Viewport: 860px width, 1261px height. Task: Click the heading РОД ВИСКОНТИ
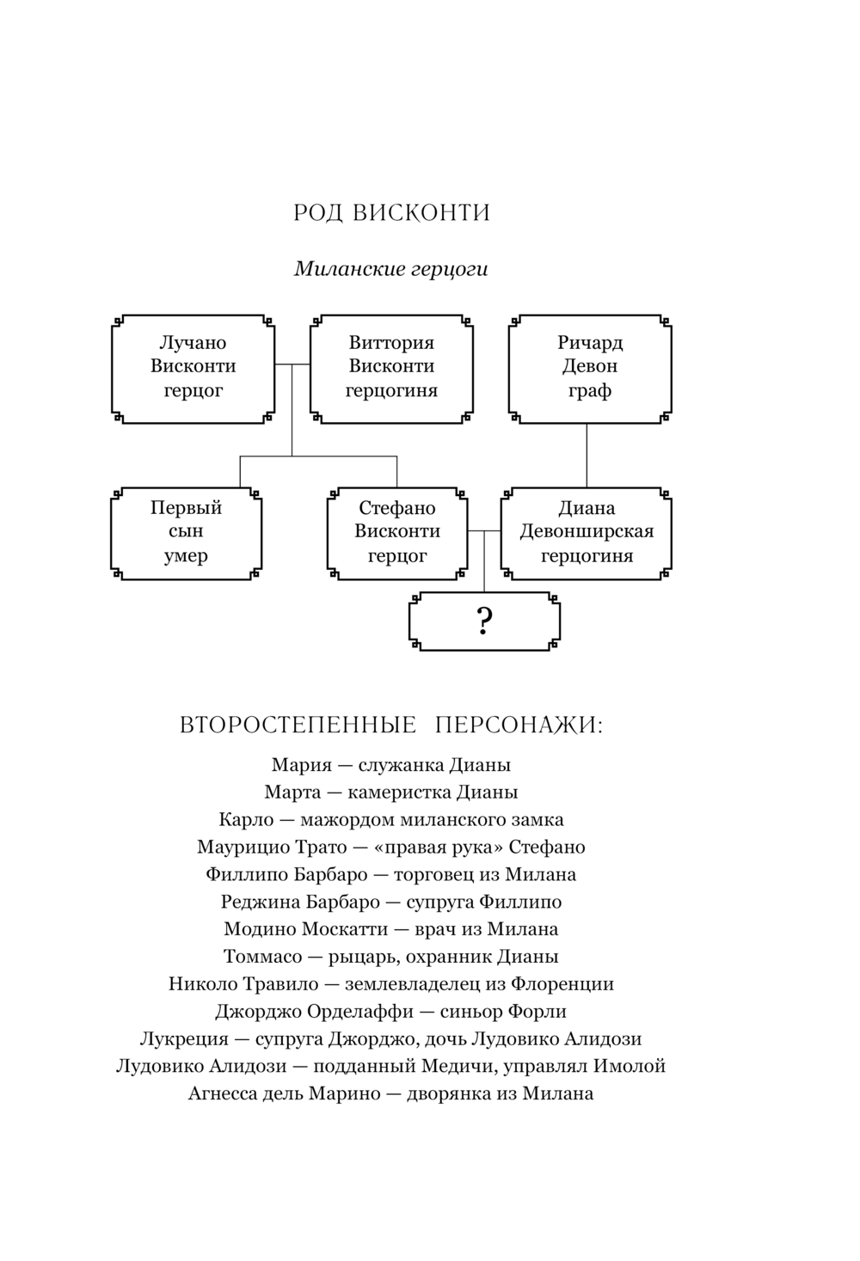[391, 212]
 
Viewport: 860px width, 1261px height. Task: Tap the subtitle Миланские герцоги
[391, 269]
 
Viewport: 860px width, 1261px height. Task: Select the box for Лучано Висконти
[193, 367]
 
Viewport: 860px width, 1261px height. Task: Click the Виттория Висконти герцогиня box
[391, 367]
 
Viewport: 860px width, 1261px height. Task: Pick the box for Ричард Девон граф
[589, 367]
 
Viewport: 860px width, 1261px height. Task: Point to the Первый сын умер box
[187, 532]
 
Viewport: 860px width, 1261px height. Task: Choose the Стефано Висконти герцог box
[397, 532]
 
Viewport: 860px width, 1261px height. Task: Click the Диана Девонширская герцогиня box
[587, 532]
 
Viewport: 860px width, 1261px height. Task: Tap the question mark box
[483, 620]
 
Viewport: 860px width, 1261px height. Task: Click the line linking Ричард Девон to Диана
[587, 456]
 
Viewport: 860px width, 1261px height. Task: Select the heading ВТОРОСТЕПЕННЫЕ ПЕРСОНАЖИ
[391, 725]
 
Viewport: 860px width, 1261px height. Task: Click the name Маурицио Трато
[268, 848]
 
